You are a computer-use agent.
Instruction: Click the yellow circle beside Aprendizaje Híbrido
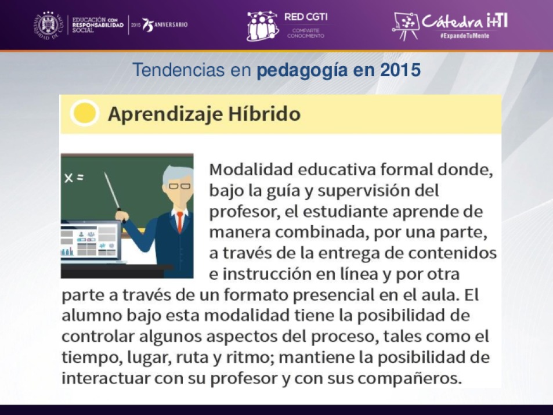[x=85, y=113]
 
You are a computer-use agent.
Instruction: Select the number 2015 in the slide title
[x=400, y=70]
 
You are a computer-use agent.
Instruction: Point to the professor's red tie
[x=180, y=222]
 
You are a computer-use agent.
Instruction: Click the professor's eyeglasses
[x=179, y=186]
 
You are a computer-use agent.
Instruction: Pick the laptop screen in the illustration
[x=91, y=240]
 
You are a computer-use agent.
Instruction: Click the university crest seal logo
[x=49, y=26]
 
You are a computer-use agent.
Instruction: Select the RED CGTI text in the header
[x=306, y=17]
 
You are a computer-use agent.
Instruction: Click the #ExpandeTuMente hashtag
[x=464, y=35]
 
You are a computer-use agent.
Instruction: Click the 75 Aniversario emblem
[x=165, y=25]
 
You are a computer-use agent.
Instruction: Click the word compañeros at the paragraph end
[x=410, y=378]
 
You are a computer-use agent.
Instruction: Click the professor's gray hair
[x=176, y=174]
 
